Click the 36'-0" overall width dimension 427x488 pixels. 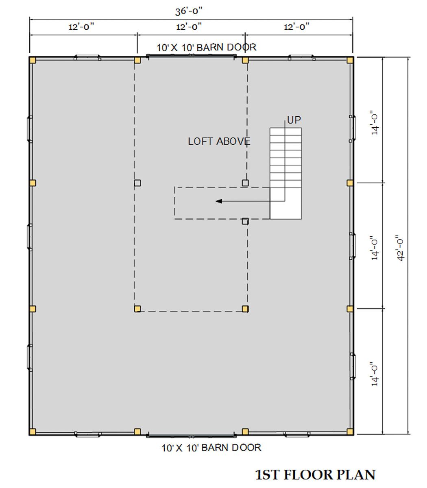pyautogui.click(x=189, y=11)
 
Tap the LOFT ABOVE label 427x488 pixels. pyautogui.click(x=219, y=141)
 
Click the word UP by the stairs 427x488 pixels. pyautogui.click(x=294, y=120)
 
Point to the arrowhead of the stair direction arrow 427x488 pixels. pyautogui.click(x=219, y=201)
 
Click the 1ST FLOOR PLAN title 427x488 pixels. pyautogui.click(x=315, y=475)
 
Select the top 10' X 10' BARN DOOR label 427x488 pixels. pyautogui.click(x=206, y=47)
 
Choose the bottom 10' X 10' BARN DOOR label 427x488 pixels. pyautogui.click(x=211, y=447)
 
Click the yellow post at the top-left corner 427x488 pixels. pyautogui.click(x=33, y=60)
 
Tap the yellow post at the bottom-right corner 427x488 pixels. pyautogui.click(x=350, y=432)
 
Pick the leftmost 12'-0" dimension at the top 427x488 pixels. pyautogui.click(x=81, y=26)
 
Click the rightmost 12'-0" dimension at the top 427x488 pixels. pyautogui.click(x=296, y=26)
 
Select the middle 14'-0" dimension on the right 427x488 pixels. pyautogui.click(x=375, y=248)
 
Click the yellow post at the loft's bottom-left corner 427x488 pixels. pyautogui.click(x=137, y=309)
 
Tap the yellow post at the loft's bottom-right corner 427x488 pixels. pyautogui.click(x=245, y=309)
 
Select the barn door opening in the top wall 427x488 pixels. pyautogui.click(x=191, y=56)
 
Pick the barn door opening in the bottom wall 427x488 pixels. pyautogui.click(x=191, y=436)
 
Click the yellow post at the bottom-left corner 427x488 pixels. pyautogui.click(x=33, y=432)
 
